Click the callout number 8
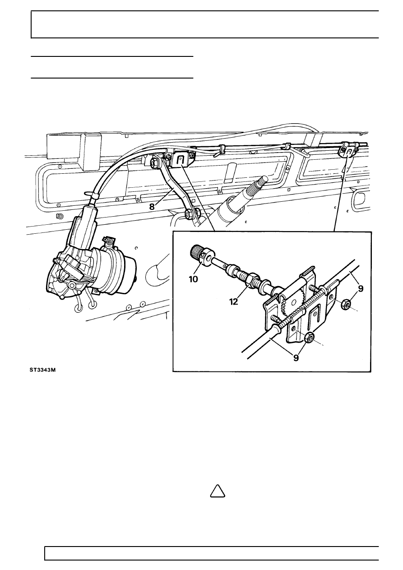[152, 207]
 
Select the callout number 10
[193, 279]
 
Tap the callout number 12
[233, 302]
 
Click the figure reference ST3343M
[42, 370]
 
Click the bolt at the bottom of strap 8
[189, 213]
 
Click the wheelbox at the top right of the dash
[348, 151]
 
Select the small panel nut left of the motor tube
[60, 216]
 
